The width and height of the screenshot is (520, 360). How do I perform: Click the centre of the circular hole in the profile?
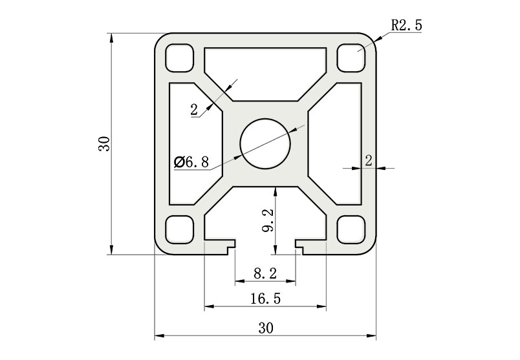point(265,144)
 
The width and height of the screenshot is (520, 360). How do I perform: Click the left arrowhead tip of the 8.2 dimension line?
point(235,281)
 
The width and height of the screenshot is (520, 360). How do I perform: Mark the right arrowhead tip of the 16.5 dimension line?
point(327,306)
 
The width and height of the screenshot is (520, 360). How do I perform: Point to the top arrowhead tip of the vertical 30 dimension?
point(111,33)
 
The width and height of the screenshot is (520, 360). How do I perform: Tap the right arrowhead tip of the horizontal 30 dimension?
point(376,336)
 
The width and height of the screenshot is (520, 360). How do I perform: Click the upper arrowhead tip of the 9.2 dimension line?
point(275,187)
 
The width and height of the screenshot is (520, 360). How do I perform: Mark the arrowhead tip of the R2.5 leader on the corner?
point(374,42)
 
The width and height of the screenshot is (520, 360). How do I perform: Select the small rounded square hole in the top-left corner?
point(179,58)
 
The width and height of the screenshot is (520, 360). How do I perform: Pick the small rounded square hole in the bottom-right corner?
point(351,229)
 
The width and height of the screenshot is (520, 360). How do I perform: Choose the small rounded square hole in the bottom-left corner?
point(179,229)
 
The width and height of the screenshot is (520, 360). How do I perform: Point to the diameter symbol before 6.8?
point(179,162)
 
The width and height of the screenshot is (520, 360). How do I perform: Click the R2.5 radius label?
point(407,25)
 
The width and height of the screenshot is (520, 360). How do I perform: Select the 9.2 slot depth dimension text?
point(267,220)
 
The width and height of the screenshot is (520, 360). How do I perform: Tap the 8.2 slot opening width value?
point(265,273)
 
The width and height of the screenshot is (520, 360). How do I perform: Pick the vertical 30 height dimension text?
point(103,143)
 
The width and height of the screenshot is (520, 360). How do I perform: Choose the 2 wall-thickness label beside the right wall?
point(369,160)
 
